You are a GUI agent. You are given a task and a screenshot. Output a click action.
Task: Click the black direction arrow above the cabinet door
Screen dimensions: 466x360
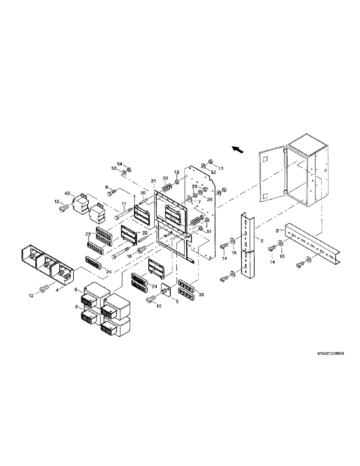pyautogui.click(x=238, y=149)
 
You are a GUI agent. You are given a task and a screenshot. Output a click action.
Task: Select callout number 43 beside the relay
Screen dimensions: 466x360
pyautogui.click(x=67, y=193)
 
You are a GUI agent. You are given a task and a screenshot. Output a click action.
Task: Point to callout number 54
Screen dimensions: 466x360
pyautogui.click(x=119, y=164)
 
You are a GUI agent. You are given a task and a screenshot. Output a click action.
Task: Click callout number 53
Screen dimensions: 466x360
pyautogui.click(x=113, y=168)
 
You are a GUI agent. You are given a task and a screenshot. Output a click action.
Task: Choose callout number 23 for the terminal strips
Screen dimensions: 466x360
pyautogui.click(x=87, y=234)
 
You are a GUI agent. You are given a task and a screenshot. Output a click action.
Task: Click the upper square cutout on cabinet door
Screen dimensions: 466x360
pyautogui.click(x=264, y=160)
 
